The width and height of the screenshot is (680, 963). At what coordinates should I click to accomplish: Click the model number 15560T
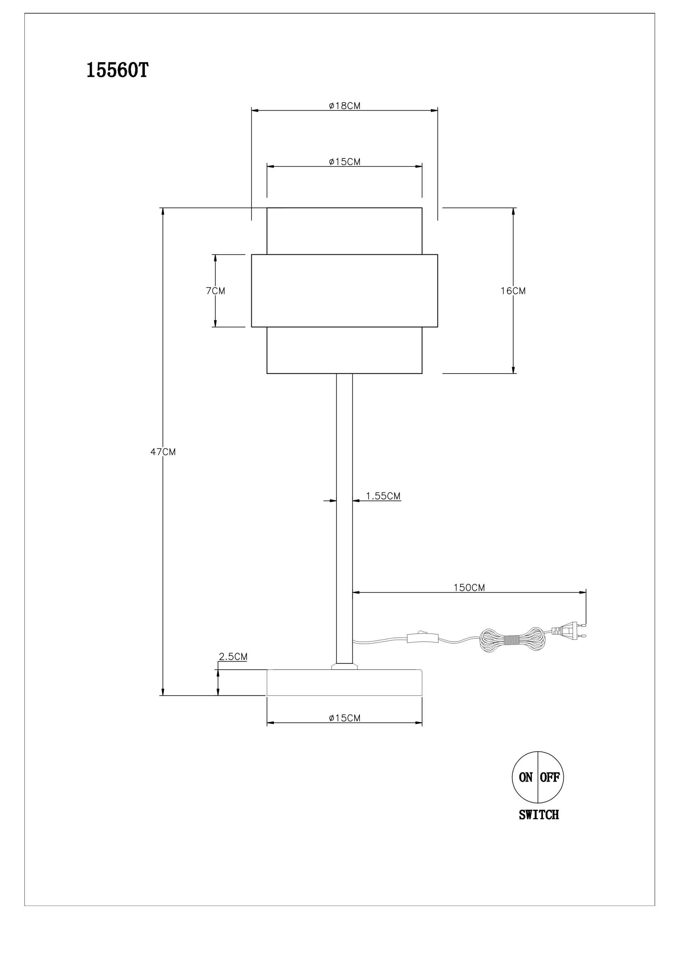(x=117, y=71)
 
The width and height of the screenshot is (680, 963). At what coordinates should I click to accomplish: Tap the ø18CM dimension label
(x=345, y=106)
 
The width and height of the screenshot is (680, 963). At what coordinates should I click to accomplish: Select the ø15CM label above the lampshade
(x=345, y=162)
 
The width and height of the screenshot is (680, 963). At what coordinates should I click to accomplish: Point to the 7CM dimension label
(x=215, y=291)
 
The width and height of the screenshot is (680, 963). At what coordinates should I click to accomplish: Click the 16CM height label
(x=513, y=291)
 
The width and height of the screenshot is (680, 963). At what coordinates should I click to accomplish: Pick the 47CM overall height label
(x=163, y=452)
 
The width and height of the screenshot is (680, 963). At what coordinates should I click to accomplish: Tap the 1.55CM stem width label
(x=383, y=496)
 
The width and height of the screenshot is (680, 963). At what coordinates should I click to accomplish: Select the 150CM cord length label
(x=469, y=587)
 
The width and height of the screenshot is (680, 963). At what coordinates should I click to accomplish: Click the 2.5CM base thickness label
(x=233, y=656)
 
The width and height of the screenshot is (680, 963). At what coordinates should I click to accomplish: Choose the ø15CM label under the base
(x=345, y=718)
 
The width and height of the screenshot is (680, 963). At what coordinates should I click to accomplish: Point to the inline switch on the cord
(x=423, y=638)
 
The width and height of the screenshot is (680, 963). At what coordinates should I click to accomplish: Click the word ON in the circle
(x=525, y=777)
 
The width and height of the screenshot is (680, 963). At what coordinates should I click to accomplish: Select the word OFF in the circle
(x=550, y=777)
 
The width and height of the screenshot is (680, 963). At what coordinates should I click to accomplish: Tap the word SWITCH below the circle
(x=539, y=814)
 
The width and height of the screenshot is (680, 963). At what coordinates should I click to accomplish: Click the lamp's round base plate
(x=345, y=682)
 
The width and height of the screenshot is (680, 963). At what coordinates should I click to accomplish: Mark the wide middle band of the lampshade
(x=345, y=291)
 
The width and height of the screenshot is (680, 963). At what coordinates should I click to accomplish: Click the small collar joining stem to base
(x=345, y=666)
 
